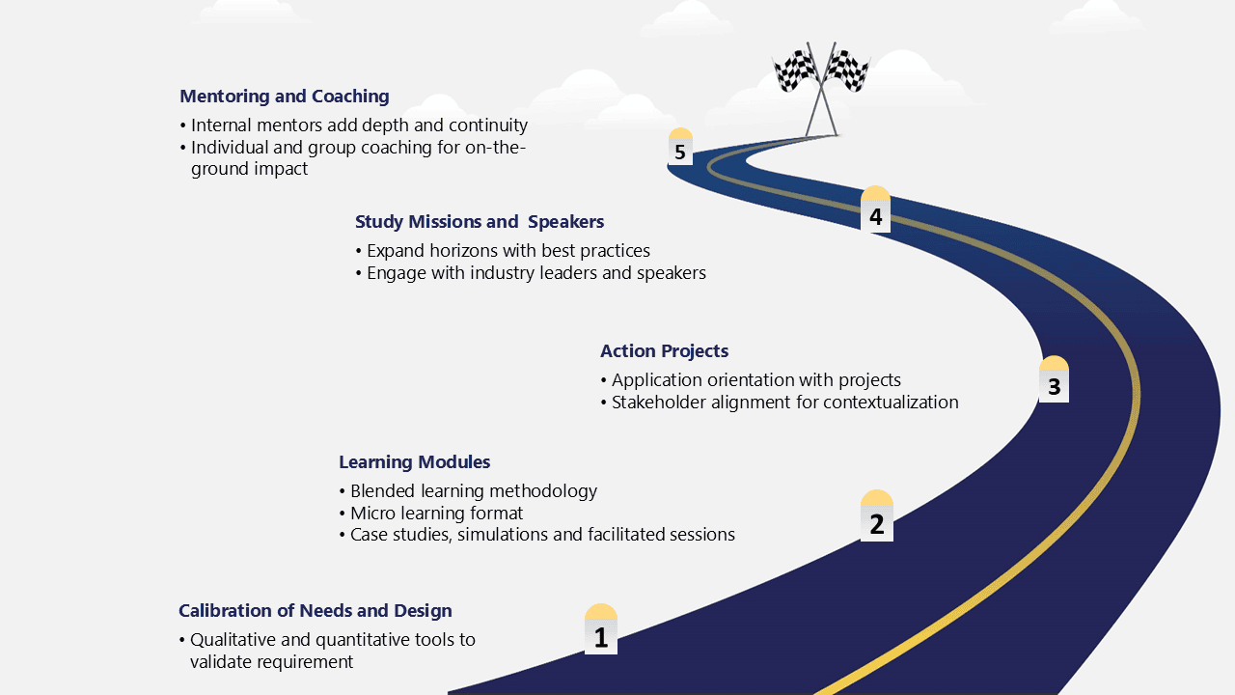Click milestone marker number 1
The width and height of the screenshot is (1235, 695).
click(x=601, y=628)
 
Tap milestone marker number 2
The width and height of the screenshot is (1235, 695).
click(x=877, y=515)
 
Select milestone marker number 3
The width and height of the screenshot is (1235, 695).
click(x=1054, y=379)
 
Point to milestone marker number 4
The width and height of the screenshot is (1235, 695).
click(x=875, y=209)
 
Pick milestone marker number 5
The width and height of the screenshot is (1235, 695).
click(x=680, y=146)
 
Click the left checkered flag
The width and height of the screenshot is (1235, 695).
click(x=796, y=69)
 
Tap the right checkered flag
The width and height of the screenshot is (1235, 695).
click(x=846, y=69)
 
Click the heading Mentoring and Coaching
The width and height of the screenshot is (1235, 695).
click(x=285, y=96)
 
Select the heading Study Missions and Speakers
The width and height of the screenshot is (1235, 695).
click(x=480, y=222)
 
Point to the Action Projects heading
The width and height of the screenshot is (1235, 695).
click(x=665, y=350)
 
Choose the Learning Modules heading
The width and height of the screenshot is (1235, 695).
click(x=414, y=461)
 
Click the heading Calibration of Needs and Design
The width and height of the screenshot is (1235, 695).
click(x=316, y=611)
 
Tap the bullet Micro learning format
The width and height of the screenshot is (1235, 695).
click(x=431, y=513)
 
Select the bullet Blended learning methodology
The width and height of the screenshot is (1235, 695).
click(x=469, y=491)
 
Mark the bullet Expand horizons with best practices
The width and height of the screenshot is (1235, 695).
click(x=504, y=251)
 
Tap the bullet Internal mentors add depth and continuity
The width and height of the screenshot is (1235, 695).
click(x=354, y=125)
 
